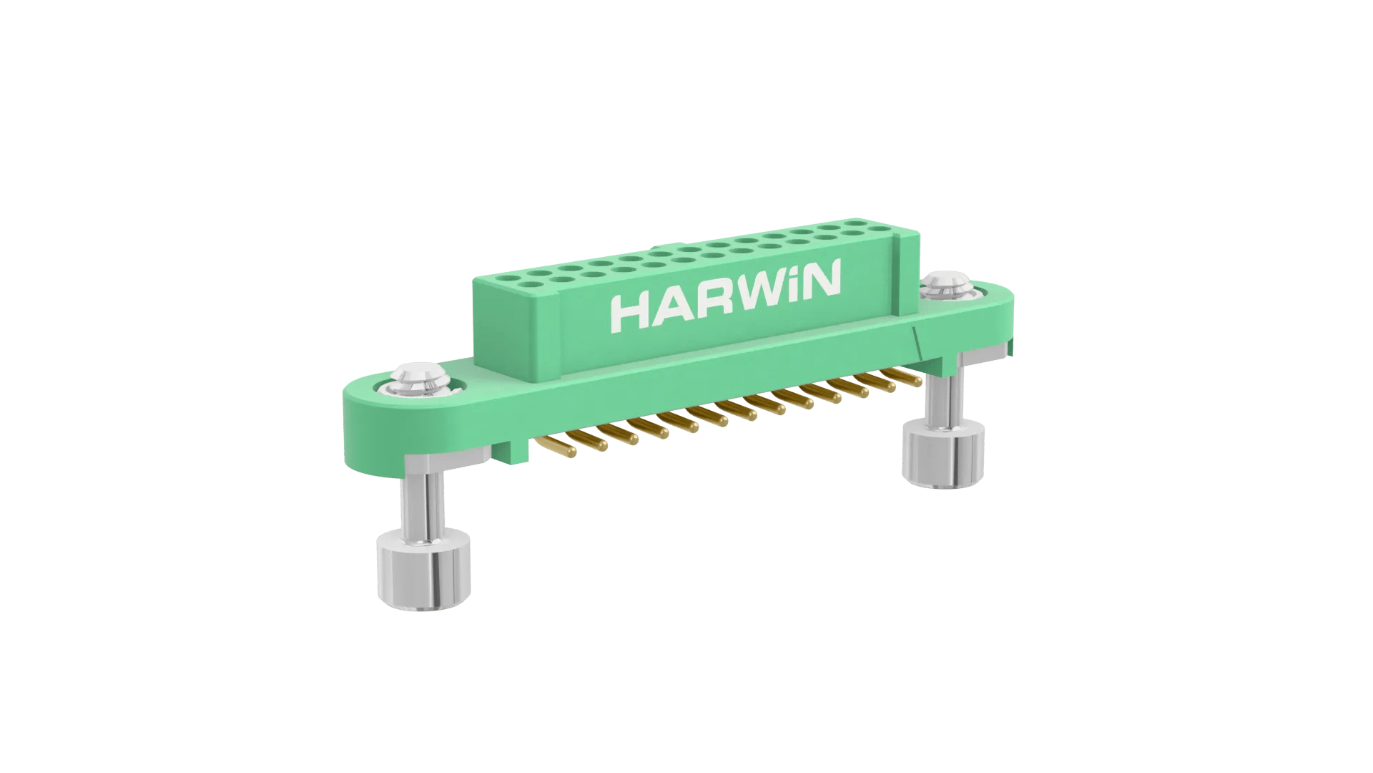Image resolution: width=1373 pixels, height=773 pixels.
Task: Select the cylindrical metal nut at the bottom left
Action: [424, 569]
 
